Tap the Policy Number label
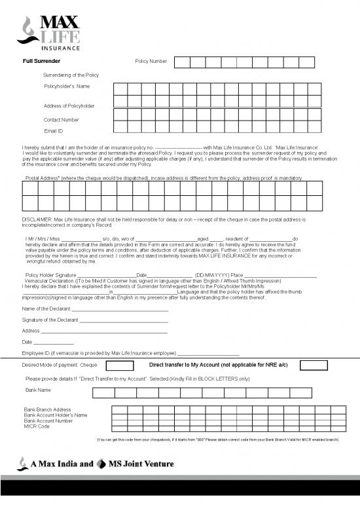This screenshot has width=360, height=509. [151, 61]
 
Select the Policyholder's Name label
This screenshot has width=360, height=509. [67, 86]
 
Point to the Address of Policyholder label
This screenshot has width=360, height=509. [69, 106]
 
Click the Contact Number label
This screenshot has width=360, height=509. [62, 120]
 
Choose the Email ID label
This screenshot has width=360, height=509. [54, 131]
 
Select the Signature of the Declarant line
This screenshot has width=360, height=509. [124, 321]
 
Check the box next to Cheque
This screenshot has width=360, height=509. [120, 365]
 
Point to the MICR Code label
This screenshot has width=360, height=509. [37, 426]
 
